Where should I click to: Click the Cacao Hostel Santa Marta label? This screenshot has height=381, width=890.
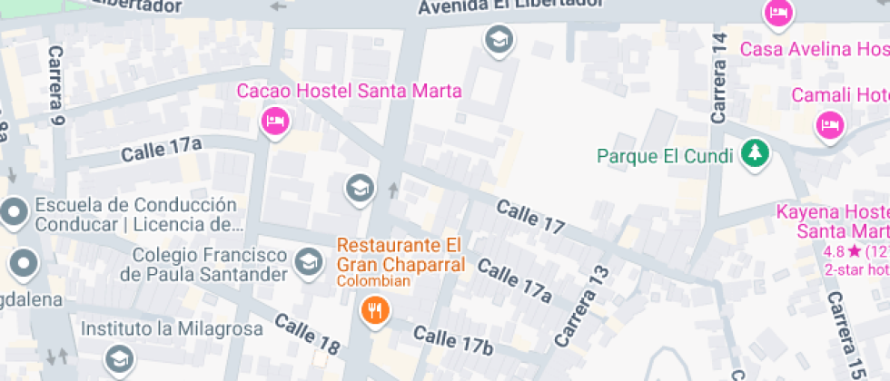click(x=350, y=91)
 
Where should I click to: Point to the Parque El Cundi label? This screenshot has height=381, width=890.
click(x=665, y=156)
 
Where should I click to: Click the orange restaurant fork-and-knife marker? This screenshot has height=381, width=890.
click(x=374, y=311)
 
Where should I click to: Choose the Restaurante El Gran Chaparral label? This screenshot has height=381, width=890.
click(x=400, y=255)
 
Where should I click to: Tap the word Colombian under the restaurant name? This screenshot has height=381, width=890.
click(x=374, y=281)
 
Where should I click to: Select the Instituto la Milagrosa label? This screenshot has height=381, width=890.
click(x=172, y=328)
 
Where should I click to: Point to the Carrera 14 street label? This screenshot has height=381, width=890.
click(x=720, y=78)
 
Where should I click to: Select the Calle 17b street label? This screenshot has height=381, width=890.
click(x=452, y=342)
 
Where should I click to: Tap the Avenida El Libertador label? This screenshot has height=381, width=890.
click(x=511, y=5)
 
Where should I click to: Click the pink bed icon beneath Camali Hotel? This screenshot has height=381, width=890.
click(x=828, y=125)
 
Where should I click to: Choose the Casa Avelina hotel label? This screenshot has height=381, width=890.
click(x=814, y=48)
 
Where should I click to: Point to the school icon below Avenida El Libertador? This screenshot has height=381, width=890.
click(x=499, y=39)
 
